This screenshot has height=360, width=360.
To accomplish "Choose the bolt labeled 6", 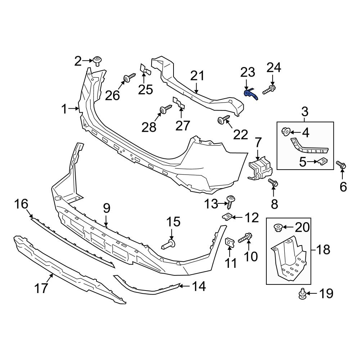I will click(342, 165).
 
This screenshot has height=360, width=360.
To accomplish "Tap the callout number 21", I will click(197, 76).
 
